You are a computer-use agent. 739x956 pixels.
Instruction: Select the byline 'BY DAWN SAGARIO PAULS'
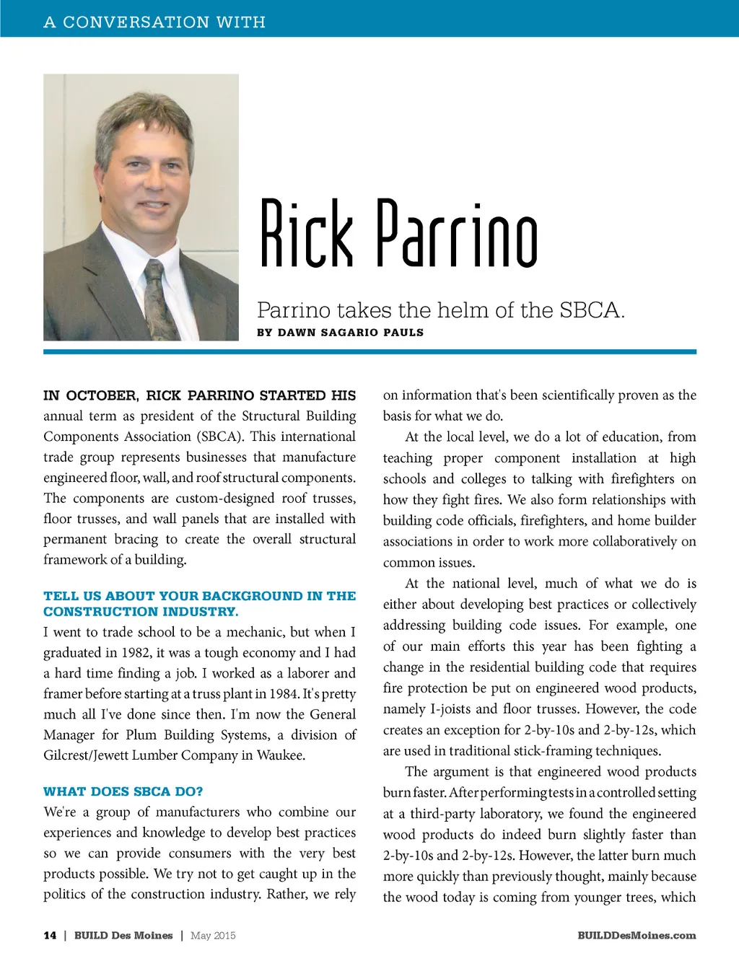click(x=340, y=333)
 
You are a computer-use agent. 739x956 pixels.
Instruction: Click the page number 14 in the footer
click(x=50, y=936)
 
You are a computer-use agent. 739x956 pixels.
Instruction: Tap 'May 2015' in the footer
click(x=213, y=936)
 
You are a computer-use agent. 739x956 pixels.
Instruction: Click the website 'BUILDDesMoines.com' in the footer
click(x=637, y=936)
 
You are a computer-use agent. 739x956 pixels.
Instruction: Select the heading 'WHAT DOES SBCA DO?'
click(x=123, y=791)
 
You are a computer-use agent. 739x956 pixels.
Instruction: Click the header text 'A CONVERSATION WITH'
click(x=154, y=22)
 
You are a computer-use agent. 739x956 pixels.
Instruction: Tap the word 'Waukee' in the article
click(x=280, y=755)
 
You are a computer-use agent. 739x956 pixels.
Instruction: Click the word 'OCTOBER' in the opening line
click(x=101, y=395)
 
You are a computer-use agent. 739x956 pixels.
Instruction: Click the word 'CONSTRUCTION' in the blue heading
click(x=89, y=612)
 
